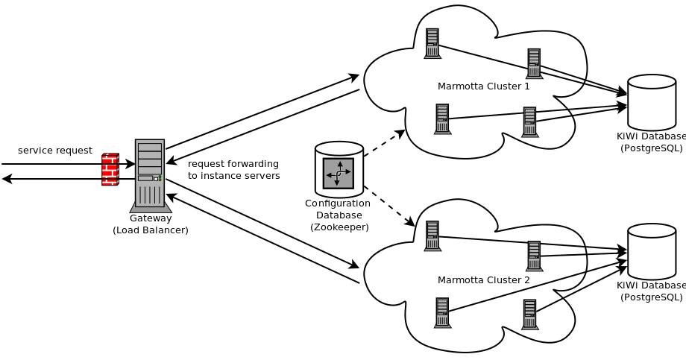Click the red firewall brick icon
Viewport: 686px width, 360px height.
[x=110, y=169]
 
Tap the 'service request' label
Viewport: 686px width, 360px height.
[x=55, y=151]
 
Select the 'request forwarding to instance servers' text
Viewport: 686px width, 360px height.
[x=233, y=170]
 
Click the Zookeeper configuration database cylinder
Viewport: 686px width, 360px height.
[x=339, y=169]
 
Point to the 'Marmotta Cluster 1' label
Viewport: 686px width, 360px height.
[x=483, y=86]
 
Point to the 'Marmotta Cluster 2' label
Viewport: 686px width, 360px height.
[x=483, y=280]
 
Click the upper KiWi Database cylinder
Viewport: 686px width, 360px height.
[x=651, y=102]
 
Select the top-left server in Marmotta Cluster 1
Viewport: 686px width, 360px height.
[x=432, y=43]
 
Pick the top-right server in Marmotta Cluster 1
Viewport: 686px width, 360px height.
[x=534, y=63]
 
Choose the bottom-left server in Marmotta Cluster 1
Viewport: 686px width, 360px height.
[x=442, y=119]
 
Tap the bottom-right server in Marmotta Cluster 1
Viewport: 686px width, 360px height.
[x=529, y=121]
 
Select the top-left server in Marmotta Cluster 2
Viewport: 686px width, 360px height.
[x=432, y=236]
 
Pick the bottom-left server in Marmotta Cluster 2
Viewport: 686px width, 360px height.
[x=442, y=312]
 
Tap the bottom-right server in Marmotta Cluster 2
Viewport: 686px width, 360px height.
[x=529, y=314]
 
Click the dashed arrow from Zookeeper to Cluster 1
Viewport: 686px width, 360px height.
[x=384, y=143]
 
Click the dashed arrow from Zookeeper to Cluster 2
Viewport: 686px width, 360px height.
[x=388, y=206]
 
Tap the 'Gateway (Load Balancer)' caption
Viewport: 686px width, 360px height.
[x=151, y=224]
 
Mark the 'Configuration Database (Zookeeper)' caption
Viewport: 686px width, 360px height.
[x=339, y=215]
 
